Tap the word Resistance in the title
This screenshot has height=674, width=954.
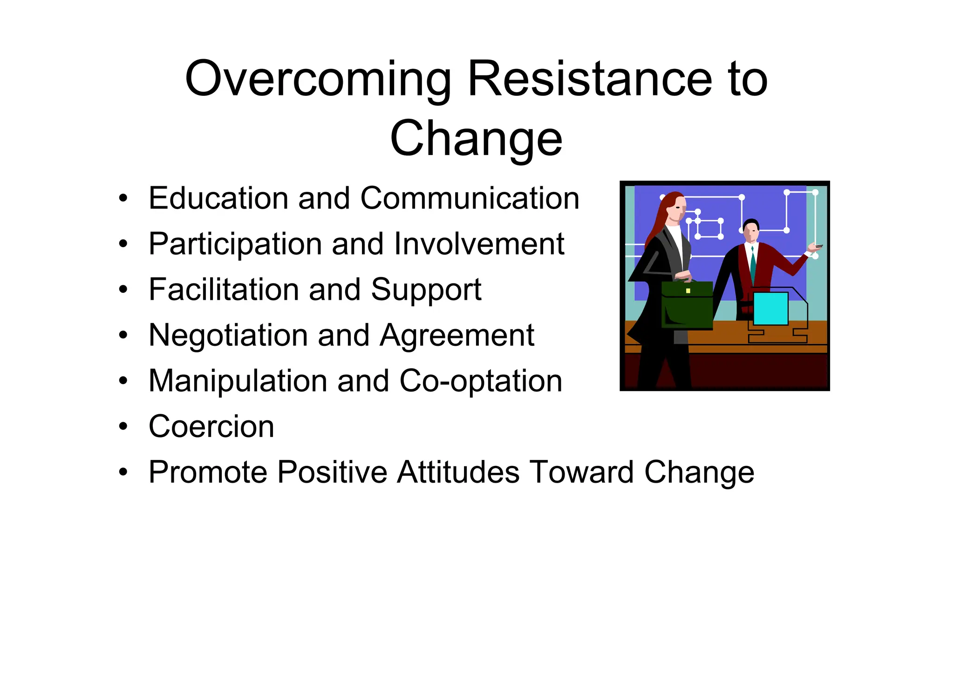[x=589, y=79]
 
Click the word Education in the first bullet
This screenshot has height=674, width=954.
[x=218, y=198]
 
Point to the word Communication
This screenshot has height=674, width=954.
[x=470, y=198]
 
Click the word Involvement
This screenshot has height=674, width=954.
[x=479, y=244]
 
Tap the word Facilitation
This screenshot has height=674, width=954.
[x=223, y=290]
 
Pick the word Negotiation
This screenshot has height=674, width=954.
[x=228, y=335]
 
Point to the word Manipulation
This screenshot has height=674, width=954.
[x=238, y=381]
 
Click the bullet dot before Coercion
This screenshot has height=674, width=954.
[x=123, y=426]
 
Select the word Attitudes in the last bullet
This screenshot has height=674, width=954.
[x=458, y=472]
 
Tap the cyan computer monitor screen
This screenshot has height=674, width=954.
[x=770, y=309]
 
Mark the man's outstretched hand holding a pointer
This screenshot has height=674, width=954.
[x=814, y=248]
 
